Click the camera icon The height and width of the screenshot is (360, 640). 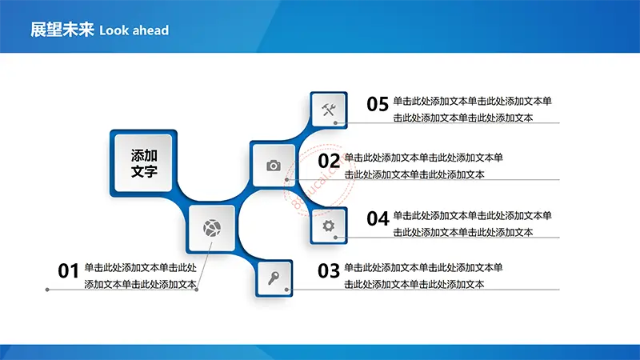click(274, 166)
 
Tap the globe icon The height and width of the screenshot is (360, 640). click(212, 228)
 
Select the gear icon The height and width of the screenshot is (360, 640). click(329, 226)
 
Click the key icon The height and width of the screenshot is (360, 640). click(274, 278)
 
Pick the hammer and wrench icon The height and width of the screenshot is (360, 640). click(329, 110)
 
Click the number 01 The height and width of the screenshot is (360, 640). click(68, 271)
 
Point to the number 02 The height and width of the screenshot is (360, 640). click(329, 161)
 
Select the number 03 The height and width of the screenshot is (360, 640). click(329, 271)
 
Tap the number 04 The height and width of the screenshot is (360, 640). click(378, 218)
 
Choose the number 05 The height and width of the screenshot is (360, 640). click(378, 104)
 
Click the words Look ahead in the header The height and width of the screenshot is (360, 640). click(134, 30)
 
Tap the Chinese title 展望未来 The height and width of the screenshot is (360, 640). click(62, 30)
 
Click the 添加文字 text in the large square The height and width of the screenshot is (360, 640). click(144, 163)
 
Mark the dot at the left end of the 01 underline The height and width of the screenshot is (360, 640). click(47, 290)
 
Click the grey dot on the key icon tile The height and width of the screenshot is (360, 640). click(286, 290)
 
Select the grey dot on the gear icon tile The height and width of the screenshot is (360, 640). click(335, 237)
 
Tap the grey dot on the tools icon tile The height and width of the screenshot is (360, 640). click(335, 123)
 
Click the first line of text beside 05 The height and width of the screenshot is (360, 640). click(472, 101)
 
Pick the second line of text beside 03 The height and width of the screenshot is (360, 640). click(414, 284)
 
